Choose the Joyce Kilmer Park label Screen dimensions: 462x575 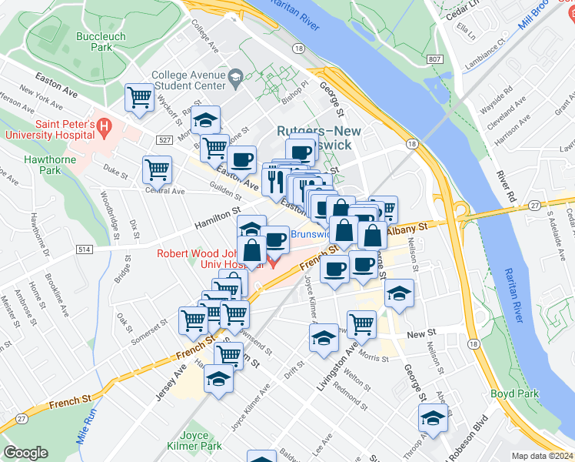click(189, 440)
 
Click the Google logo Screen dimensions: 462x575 click(25, 453)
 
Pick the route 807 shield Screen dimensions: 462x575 click(436, 59)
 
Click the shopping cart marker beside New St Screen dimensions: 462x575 click(361, 324)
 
